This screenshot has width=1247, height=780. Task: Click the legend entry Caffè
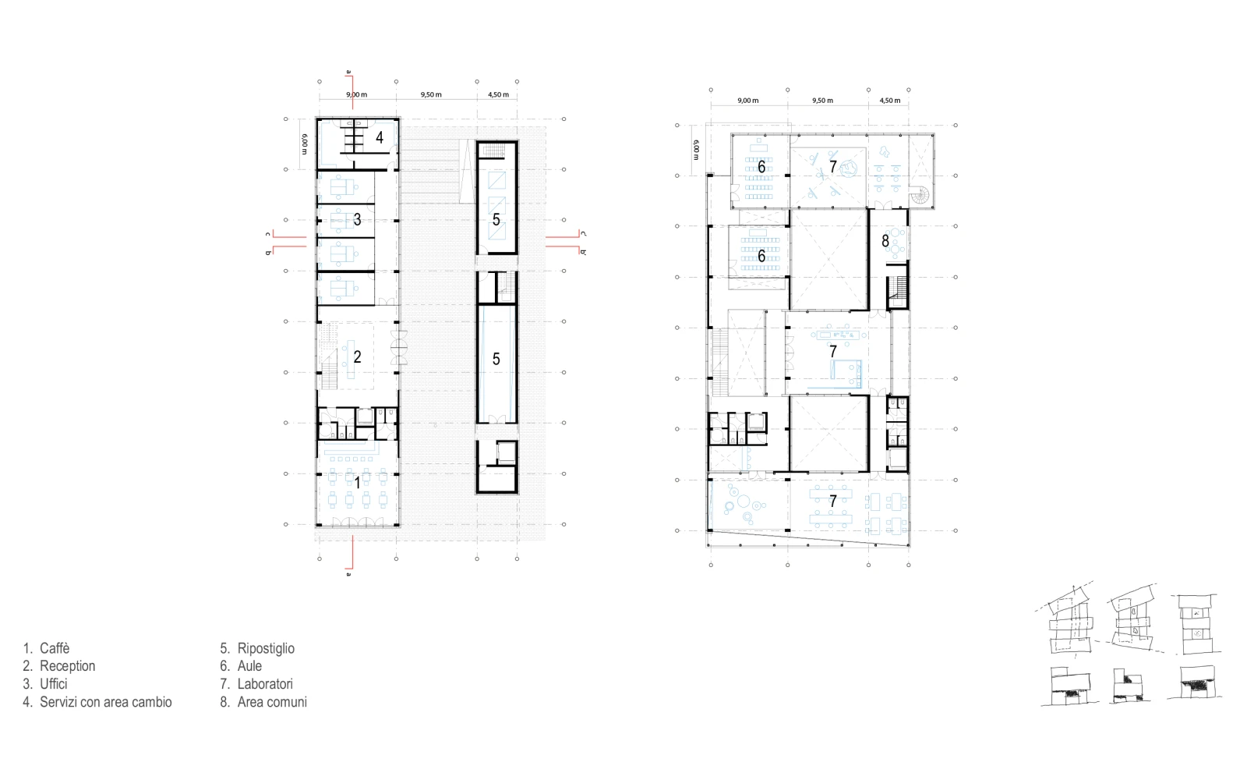pos(55,648)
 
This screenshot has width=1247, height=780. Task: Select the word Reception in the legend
pos(67,666)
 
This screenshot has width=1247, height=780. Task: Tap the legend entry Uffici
pos(54,683)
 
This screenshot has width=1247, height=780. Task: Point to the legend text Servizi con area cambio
pos(106,701)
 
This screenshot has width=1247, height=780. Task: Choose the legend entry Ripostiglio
pos(266,648)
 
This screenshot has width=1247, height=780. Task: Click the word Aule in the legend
pos(249,666)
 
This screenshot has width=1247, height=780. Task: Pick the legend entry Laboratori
pos(265,683)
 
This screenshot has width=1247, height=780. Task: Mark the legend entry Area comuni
pos(272,701)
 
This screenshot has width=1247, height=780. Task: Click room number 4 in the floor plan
pos(380,137)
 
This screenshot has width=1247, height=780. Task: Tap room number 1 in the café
pos(358,483)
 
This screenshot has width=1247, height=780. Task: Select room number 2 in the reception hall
pos(358,356)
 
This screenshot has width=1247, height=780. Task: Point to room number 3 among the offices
pos(358,219)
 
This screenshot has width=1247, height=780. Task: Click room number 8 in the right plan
pos(885,241)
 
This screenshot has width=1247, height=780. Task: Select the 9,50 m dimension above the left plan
pos(431,94)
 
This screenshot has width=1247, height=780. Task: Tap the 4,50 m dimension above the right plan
pos(889,101)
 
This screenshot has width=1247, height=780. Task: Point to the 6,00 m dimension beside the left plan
pos(304,144)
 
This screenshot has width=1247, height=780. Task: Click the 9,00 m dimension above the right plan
pos(747,101)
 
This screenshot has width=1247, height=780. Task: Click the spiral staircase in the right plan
pos(920,196)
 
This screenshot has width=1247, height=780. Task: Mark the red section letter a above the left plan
pos(349,72)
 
